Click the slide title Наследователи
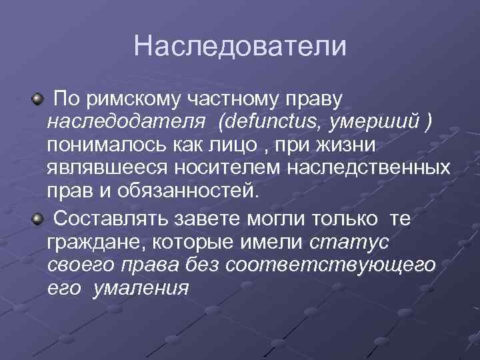(240, 46)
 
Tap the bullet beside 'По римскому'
(39, 99)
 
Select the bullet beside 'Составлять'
(39, 217)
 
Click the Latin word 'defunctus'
(271, 123)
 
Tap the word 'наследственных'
(369, 169)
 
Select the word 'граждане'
(89, 241)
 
